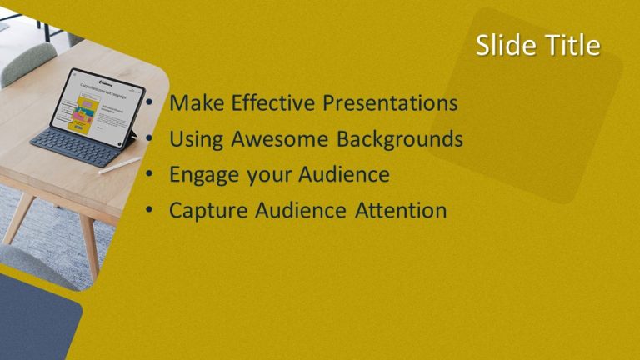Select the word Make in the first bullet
click(x=197, y=103)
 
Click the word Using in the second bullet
click(x=197, y=139)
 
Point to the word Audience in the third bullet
click(x=342, y=175)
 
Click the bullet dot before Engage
click(x=147, y=175)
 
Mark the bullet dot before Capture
click(x=147, y=211)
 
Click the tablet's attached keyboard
click(x=75, y=148)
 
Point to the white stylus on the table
click(x=119, y=165)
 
